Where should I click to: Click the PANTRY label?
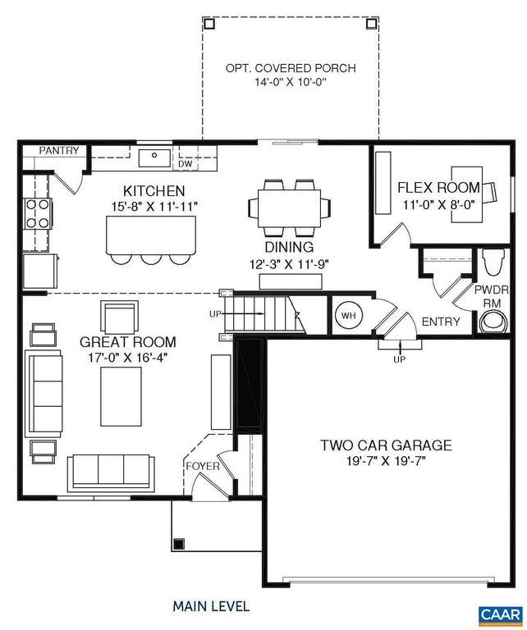59,150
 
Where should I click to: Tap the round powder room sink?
490,323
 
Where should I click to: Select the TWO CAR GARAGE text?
385,445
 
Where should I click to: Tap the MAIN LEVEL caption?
210,607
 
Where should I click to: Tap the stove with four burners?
37,213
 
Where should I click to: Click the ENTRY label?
441,322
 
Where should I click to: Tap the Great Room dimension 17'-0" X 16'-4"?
127,358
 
